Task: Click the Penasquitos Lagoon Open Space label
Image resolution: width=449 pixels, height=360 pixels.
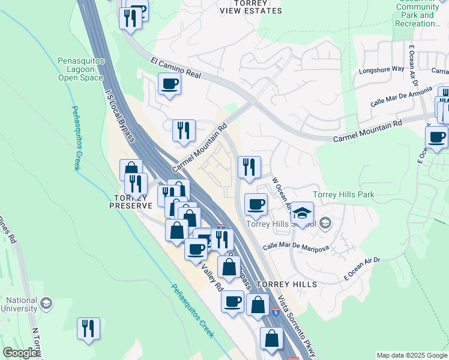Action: tap(81, 69)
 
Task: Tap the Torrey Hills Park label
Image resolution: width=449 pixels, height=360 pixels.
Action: tap(343, 194)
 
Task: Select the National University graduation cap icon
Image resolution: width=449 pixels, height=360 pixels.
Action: tap(46, 304)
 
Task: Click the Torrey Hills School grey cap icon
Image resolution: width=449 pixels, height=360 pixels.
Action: tap(325, 224)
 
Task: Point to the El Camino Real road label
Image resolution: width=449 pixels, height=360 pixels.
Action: tap(175, 68)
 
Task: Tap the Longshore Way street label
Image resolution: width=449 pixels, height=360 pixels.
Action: tap(381, 70)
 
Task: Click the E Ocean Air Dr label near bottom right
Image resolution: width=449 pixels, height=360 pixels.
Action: tap(363, 268)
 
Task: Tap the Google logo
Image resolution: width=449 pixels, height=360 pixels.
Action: tap(20, 353)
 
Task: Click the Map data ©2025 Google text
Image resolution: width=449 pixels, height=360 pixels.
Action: tap(412, 355)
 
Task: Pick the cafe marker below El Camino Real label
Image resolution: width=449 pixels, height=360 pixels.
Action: tap(169, 84)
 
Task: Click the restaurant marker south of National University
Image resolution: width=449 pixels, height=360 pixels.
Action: tap(88, 329)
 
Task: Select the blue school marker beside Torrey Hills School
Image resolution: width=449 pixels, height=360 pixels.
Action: tap(303, 213)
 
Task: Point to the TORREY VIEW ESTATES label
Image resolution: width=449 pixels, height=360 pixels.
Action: tap(250, 7)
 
